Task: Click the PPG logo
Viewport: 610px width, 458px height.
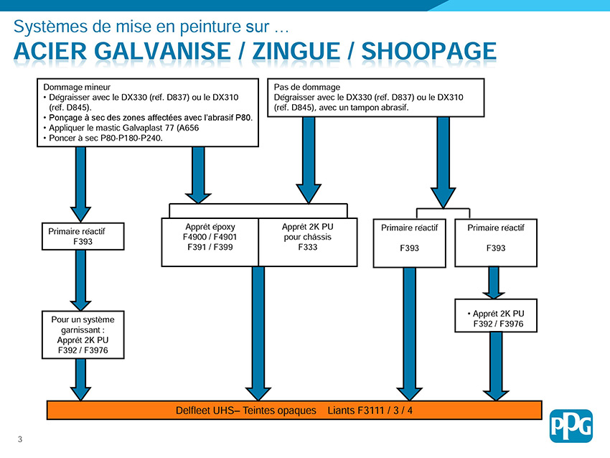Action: [571, 426]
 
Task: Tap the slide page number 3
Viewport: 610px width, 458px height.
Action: [20, 439]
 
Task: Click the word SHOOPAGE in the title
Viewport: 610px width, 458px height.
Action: [428, 52]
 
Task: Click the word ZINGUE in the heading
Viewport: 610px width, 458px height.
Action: [296, 52]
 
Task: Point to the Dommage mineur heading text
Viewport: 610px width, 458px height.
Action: [77, 87]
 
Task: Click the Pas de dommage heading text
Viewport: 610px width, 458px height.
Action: [306, 87]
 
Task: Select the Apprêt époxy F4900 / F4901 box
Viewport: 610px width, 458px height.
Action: [210, 242]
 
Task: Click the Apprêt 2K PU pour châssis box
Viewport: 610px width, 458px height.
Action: [308, 242]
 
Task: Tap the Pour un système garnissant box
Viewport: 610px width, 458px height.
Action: [83, 335]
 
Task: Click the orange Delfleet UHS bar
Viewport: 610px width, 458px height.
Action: [294, 410]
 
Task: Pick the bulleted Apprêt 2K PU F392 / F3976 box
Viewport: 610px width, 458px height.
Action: [496, 316]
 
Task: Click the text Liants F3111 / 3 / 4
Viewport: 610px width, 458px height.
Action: [370, 411]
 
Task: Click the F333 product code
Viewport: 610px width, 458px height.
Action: [308, 247]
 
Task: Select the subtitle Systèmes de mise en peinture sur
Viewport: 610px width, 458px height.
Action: [151, 27]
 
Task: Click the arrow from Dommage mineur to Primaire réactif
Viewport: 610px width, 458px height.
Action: [80, 184]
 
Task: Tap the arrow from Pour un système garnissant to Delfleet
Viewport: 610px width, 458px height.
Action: [80, 380]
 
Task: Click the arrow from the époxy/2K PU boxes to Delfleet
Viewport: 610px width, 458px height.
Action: [258, 334]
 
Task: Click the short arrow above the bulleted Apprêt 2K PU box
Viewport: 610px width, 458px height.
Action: [494, 283]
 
